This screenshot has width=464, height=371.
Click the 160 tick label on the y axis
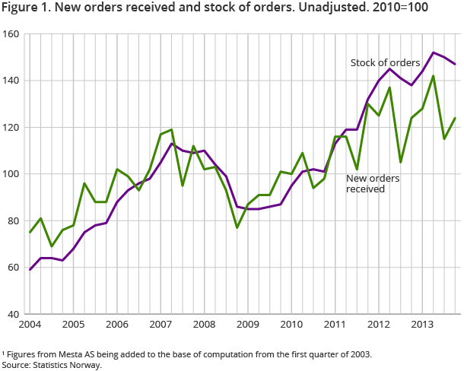10,34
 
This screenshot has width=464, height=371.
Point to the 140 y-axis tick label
10,81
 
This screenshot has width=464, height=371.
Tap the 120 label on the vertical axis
10,127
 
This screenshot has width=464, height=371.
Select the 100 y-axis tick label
10,174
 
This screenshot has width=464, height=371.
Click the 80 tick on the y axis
12,220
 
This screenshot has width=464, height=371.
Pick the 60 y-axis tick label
12,267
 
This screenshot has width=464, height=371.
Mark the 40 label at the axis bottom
12,314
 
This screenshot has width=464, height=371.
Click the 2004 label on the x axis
29,325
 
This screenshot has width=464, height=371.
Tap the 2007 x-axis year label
160,325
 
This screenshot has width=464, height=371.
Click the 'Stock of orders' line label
385,62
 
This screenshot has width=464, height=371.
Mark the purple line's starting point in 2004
29,269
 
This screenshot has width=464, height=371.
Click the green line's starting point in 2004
29,232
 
